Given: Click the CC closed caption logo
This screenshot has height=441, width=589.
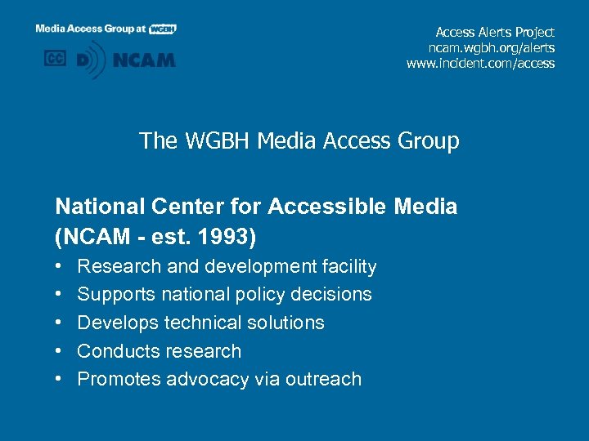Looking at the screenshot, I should (x=55, y=59).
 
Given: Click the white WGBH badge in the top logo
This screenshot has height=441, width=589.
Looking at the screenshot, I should (x=163, y=29).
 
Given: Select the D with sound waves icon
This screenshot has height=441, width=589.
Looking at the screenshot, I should (x=91, y=60).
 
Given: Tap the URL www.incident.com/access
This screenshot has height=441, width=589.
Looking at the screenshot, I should (x=480, y=63).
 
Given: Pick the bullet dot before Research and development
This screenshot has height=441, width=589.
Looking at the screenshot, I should (x=60, y=267).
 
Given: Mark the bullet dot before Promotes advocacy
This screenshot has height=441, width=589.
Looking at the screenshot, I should (x=60, y=379).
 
